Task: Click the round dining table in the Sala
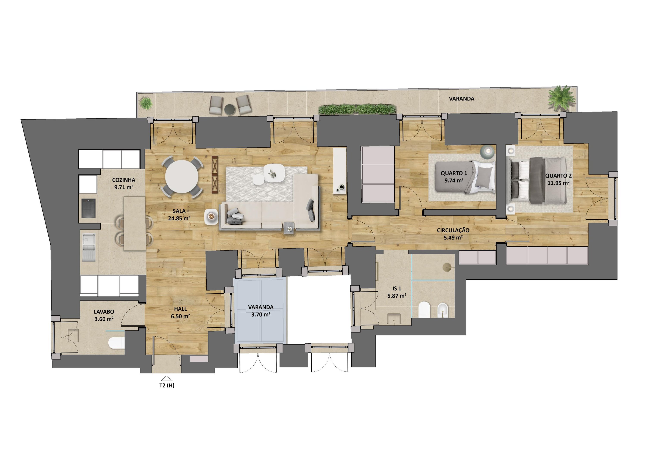point(181,176)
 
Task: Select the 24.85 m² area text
point(179,218)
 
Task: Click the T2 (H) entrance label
point(167,385)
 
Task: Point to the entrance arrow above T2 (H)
point(167,378)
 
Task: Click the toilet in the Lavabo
point(116,343)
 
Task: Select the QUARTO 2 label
point(558,176)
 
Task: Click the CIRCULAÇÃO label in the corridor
point(453,230)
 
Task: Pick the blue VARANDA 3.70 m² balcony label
point(260,311)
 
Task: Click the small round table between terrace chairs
point(229,109)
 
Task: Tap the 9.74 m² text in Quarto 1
point(454,181)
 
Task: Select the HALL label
point(181,309)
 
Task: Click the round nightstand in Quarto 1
point(488,151)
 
